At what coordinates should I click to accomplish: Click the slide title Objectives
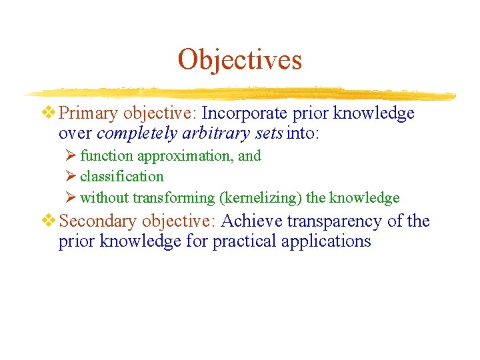[239, 59]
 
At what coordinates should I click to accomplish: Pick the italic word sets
[267, 133]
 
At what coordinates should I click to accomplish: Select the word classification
[121, 177]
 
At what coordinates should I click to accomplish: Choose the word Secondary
[98, 221]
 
